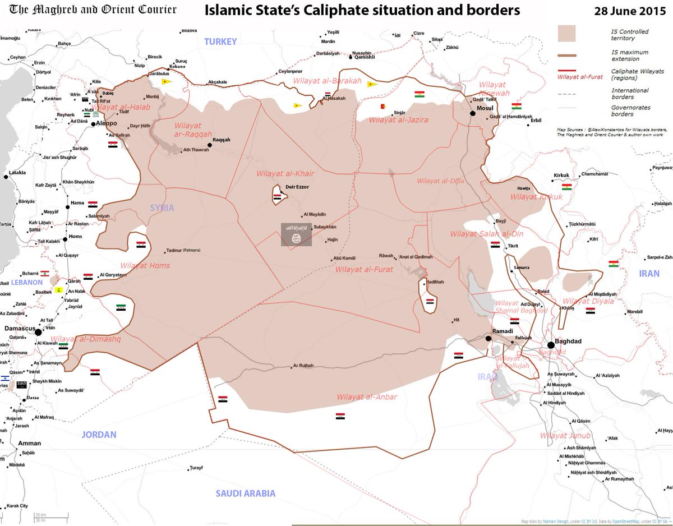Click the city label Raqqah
click(x=222, y=140)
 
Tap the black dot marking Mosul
click(x=473, y=114)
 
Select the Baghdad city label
click(x=569, y=341)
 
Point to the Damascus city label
click(x=20, y=327)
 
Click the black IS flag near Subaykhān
click(x=296, y=234)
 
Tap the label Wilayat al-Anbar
click(x=367, y=397)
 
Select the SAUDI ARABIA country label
click(x=246, y=493)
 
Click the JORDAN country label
click(x=99, y=435)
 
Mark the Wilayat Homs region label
click(x=145, y=265)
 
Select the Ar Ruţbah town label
click(x=303, y=367)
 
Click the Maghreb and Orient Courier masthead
click(x=93, y=10)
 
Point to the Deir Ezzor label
click(x=297, y=187)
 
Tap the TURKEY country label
click(x=220, y=41)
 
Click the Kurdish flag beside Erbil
click(x=517, y=106)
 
